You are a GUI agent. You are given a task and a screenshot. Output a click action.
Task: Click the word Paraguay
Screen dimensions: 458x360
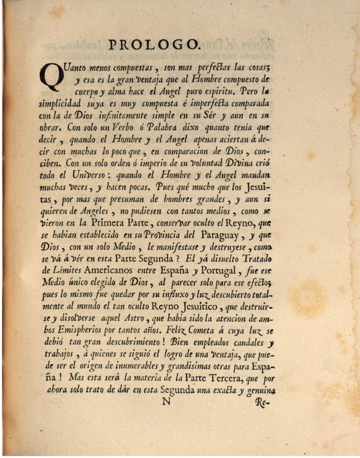coord(220,235)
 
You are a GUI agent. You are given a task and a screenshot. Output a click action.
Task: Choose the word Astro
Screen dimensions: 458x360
coord(134,319)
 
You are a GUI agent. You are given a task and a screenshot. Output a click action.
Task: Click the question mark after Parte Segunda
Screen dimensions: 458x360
coord(178,259)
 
